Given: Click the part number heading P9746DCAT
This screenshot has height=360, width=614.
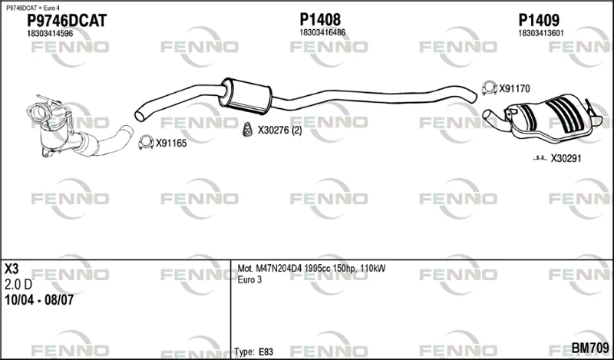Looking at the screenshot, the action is click(x=67, y=21).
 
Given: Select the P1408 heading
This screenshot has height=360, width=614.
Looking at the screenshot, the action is click(x=320, y=20).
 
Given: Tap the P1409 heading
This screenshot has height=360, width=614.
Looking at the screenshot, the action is click(x=539, y=20).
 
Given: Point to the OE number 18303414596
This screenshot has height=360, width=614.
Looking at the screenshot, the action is click(x=50, y=34).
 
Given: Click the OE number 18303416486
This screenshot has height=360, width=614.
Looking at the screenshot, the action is click(x=322, y=32).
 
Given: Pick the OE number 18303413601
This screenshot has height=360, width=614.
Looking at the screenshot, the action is click(x=541, y=33).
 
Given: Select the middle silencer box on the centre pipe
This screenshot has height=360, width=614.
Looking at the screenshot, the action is click(x=246, y=96).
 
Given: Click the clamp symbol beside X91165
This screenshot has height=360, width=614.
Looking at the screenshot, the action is click(x=146, y=143).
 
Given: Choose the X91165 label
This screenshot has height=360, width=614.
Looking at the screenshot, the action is click(x=171, y=144).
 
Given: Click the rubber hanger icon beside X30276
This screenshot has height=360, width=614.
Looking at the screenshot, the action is click(x=247, y=130).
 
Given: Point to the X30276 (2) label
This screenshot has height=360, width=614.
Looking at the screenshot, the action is click(x=280, y=130).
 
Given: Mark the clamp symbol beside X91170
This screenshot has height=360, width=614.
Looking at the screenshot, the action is click(x=490, y=88).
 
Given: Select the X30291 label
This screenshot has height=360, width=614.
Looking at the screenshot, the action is click(x=566, y=159).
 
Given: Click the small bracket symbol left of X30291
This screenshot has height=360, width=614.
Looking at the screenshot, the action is click(x=540, y=158).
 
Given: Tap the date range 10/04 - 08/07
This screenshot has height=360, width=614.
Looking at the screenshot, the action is click(x=39, y=300).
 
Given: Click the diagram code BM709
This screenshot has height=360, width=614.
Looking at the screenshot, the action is click(x=590, y=348).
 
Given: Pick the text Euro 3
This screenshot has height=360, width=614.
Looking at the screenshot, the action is click(x=249, y=279).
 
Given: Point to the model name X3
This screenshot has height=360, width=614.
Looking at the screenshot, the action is click(x=12, y=269).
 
